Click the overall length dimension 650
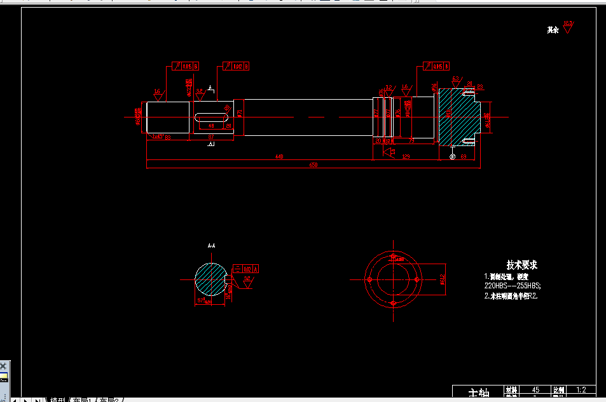313,165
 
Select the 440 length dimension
279,156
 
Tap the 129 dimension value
405,156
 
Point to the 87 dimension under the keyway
211,137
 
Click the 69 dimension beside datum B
463,156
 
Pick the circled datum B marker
452,156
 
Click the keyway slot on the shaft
212,117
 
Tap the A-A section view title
211,245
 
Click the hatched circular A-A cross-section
210,278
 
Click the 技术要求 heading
521,265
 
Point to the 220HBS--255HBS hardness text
512,286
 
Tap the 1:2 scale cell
580,389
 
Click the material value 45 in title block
535,389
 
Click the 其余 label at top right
553,30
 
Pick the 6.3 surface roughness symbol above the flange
455,80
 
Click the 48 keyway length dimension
211,126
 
